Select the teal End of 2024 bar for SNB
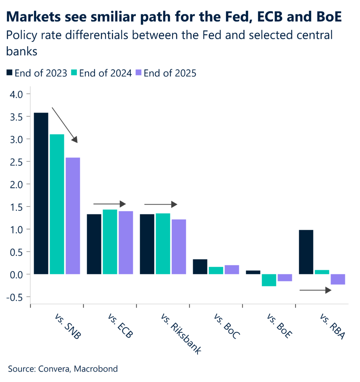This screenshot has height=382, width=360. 57,204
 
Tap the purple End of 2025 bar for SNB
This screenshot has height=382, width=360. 73,216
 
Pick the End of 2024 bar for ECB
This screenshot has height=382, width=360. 110,242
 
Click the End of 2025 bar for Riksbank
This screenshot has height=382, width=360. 179,247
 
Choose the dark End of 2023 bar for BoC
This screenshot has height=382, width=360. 200,267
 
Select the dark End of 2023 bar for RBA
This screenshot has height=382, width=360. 306,252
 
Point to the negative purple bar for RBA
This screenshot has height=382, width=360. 338,279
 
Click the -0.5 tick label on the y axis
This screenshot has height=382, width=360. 16,297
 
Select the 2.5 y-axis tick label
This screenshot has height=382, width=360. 17,162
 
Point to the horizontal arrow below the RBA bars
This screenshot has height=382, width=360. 315,290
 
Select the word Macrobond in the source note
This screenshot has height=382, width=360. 96,369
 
